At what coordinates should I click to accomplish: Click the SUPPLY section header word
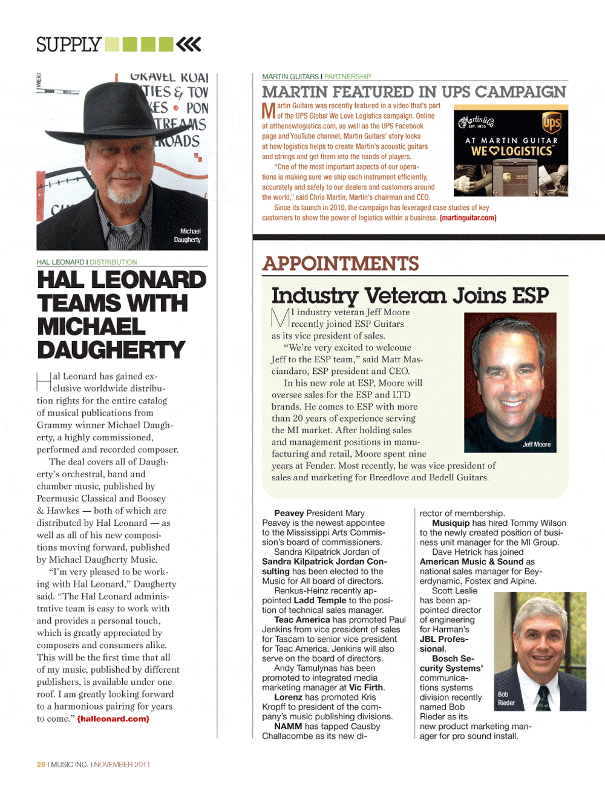tap(68, 45)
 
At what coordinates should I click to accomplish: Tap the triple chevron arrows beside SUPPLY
tap(188, 44)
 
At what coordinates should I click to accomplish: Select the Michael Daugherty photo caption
tap(188, 235)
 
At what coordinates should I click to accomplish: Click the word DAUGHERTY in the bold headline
tap(111, 350)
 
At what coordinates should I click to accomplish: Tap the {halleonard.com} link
tap(113, 719)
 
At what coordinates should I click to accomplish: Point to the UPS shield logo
tap(551, 123)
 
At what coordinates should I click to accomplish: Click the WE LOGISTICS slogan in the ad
tap(511, 151)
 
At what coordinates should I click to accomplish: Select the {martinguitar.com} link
tap(468, 218)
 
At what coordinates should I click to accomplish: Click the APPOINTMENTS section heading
tap(341, 264)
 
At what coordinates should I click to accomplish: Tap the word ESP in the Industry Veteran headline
tap(531, 296)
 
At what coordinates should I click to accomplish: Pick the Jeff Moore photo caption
tap(537, 444)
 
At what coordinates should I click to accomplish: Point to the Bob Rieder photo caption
tap(506, 699)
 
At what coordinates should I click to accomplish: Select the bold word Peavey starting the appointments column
tap(289, 513)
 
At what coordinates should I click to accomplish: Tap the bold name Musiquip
tap(451, 523)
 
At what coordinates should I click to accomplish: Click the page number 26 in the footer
tap(41, 765)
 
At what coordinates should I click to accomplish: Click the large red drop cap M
tap(269, 111)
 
